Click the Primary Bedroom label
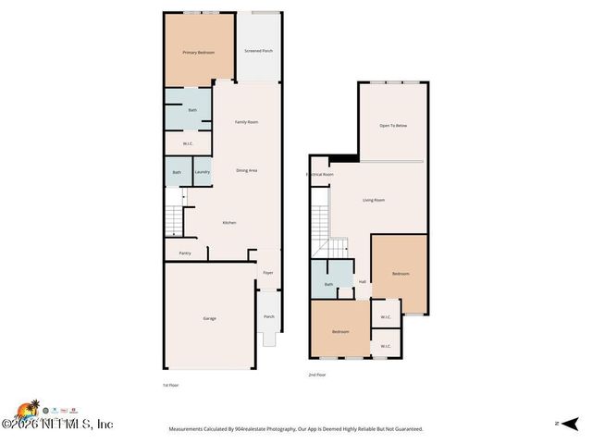pos(199,52)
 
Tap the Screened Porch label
pos(259,51)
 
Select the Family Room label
pos(246,122)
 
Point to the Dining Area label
pos(246,170)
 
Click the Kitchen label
pos(229,223)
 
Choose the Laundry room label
pos(203,171)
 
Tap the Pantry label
pos(184,253)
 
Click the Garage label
pos(210,318)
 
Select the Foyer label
pos(268,273)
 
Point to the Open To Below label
pos(393,126)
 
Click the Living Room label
pos(374,200)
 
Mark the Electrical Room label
pos(320,174)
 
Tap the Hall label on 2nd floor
pos(363,282)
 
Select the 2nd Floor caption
pos(317,375)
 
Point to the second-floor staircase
pos(321,228)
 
